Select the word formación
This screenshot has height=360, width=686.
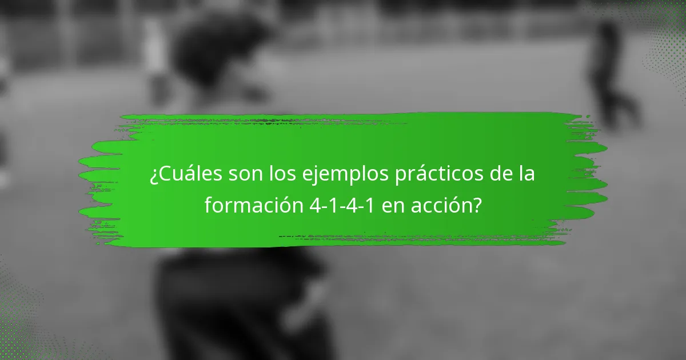252,205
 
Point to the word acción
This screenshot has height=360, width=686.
446,205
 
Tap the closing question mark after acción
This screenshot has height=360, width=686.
476,205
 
